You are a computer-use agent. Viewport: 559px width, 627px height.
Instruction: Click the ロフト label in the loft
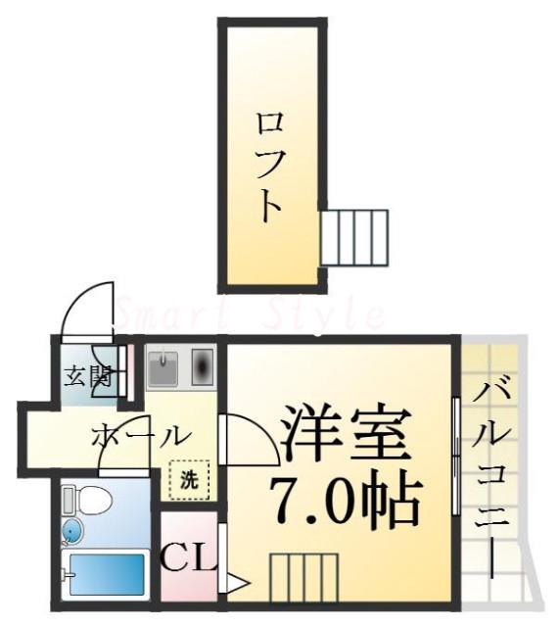(269, 166)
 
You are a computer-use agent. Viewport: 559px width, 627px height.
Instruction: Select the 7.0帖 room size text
(346, 503)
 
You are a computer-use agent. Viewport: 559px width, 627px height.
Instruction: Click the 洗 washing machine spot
(190, 480)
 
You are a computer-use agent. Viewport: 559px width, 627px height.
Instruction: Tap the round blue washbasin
(72, 532)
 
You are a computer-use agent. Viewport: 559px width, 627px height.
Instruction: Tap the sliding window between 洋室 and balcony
(457, 456)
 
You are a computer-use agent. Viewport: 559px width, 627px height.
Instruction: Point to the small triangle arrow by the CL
(235, 584)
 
